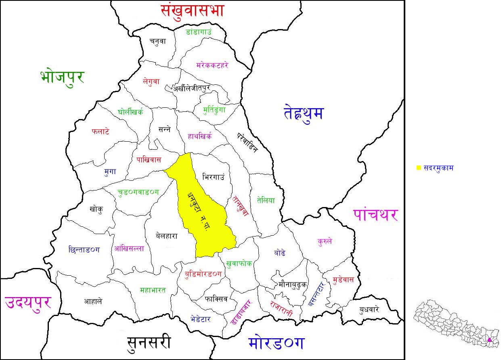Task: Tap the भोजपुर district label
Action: (62, 76)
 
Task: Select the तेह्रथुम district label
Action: (304, 113)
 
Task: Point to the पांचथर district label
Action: (375, 214)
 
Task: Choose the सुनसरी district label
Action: (149, 342)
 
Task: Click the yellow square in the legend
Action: (419, 168)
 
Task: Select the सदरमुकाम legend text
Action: (438, 168)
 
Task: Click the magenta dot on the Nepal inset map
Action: (489, 340)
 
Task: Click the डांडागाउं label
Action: (199, 31)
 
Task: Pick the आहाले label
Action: (93, 301)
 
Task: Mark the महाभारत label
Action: (153, 290)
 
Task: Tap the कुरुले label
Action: (325, 241)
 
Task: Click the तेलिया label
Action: (266, 200)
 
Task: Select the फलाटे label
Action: (101, 132)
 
